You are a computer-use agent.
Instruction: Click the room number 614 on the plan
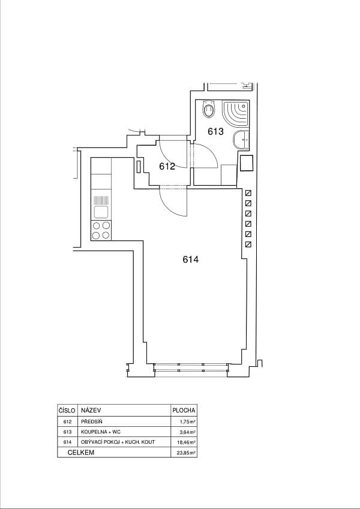tap(190, 260)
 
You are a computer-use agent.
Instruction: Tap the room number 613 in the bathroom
tap(216, 131)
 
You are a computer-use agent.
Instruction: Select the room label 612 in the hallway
tap(167, 167)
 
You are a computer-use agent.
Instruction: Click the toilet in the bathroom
tap(209, 109)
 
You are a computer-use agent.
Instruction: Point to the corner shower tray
tap(236, 114)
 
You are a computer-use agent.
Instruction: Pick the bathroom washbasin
tap(241, 140)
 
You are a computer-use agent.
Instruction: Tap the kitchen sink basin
tap(101, 212)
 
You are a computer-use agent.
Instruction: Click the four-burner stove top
tap(101, 230)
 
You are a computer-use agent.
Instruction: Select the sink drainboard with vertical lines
tap(101, 200)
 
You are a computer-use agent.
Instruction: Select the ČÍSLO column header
tap(67, 410)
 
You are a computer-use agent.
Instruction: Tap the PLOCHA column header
tap(184, 410)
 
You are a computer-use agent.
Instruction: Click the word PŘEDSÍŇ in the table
tap(92, 421)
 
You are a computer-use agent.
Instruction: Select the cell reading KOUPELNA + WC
tap(101, 432)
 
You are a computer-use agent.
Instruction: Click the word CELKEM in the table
tap(81, 453)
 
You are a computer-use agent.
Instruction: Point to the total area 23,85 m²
tap(186, 453)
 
